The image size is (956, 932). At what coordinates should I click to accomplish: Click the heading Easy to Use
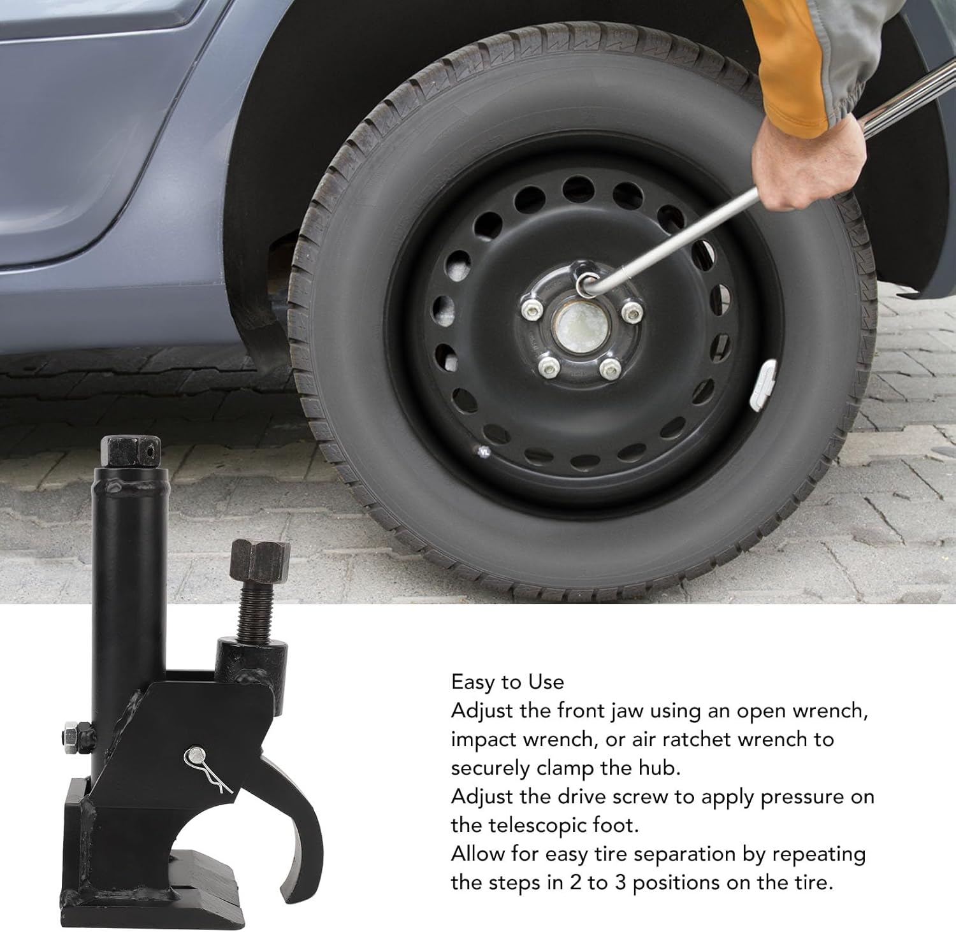(507, 682)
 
